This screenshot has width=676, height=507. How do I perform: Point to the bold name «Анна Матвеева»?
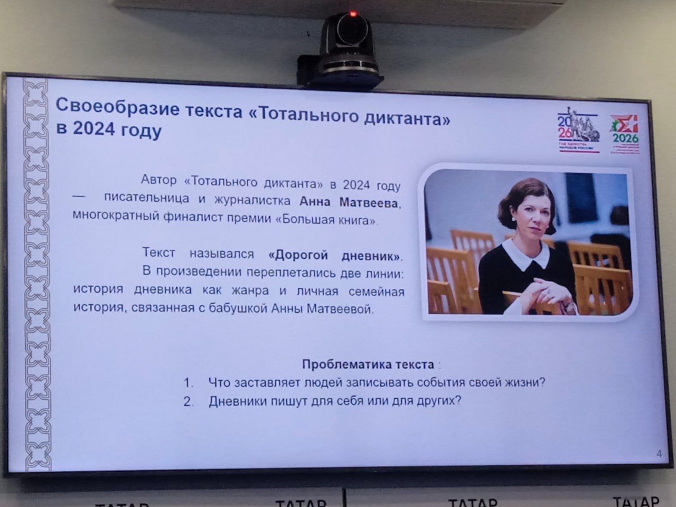(351, 202)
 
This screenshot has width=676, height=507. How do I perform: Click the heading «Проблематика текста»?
(368, 364)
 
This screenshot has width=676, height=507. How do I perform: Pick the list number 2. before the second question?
(189, 401)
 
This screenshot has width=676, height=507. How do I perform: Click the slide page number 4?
(659, 454)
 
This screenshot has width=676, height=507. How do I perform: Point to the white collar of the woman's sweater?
(522, 255)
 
